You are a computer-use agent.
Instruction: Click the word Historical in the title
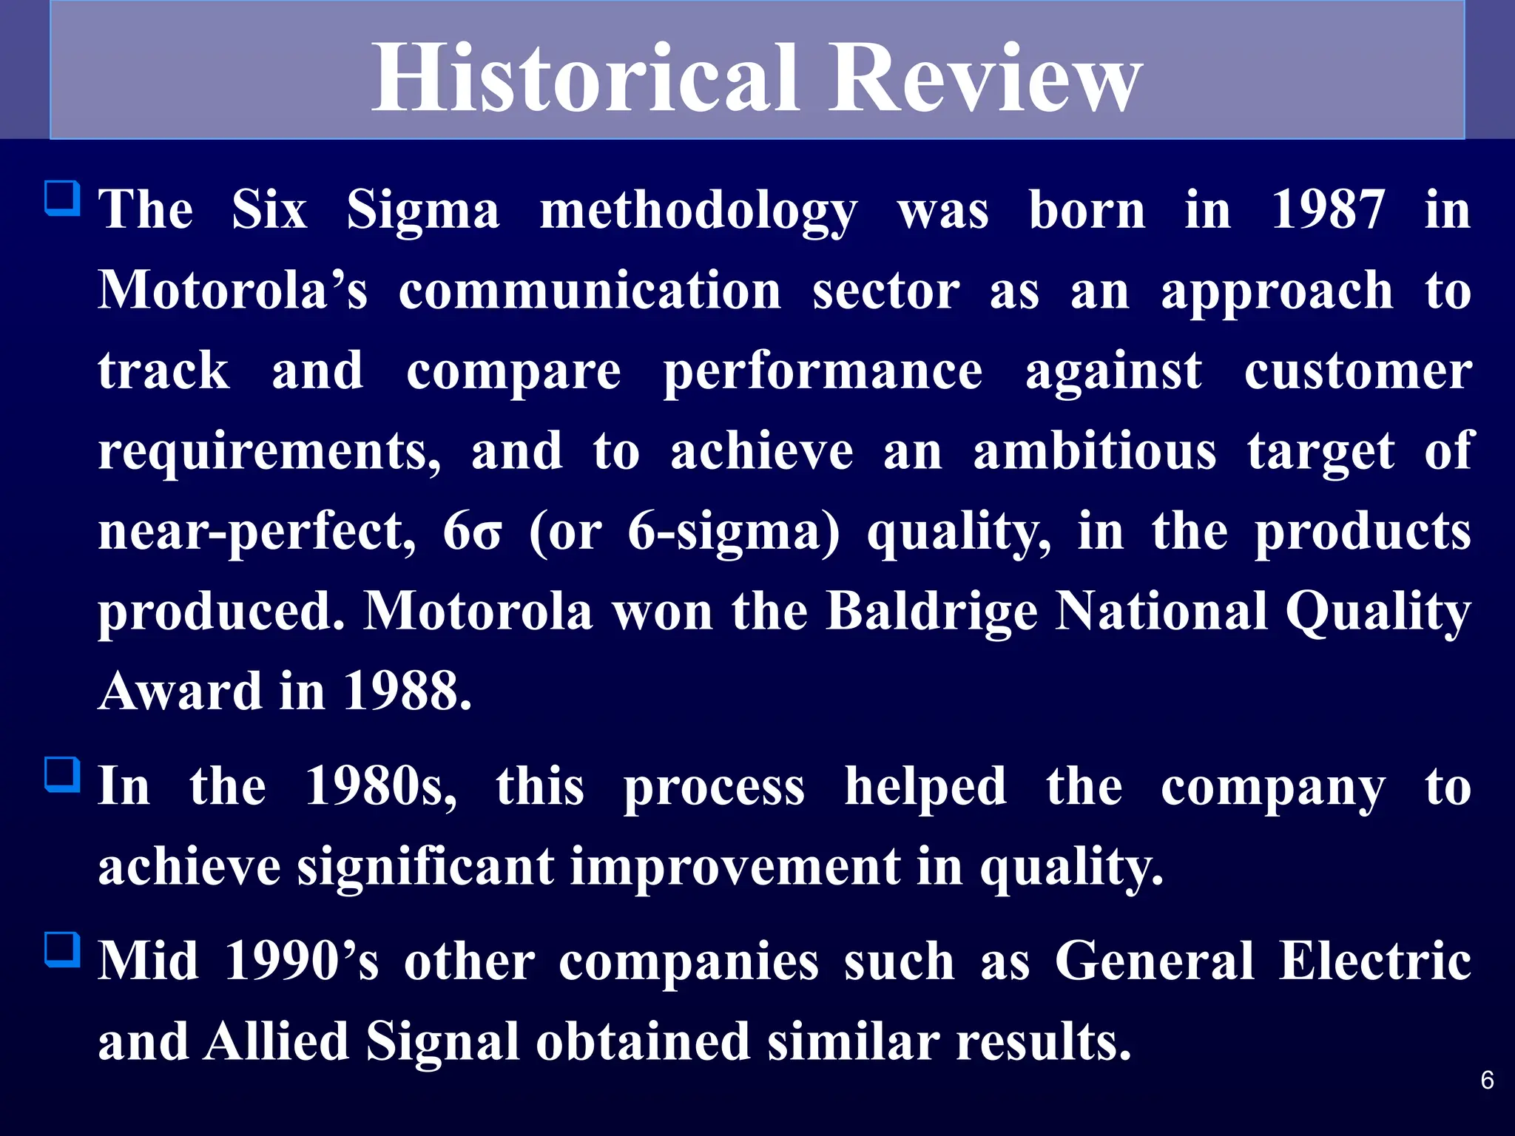tap(584, 78)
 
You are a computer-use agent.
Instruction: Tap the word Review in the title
tap(984, 78)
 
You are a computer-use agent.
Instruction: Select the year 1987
tap(1328, 210)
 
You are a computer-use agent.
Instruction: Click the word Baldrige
tap(932, 612)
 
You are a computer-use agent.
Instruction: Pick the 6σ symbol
tap(472, 532)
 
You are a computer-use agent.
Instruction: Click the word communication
tap(590, 291)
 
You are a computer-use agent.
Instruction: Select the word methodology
tap(698, 212)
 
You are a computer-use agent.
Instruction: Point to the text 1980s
tap(381, 786)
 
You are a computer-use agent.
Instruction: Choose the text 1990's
tap(302, 961)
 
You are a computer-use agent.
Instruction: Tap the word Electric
tap(1374, 961)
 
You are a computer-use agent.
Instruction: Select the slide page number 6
tap(1487, 1081)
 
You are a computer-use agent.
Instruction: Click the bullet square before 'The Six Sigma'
tap(63, 198)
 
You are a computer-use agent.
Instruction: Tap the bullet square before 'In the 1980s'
tap(63, 774)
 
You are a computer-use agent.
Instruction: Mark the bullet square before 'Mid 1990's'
tap(63, 950)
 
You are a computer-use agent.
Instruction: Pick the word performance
tap(823, 371)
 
